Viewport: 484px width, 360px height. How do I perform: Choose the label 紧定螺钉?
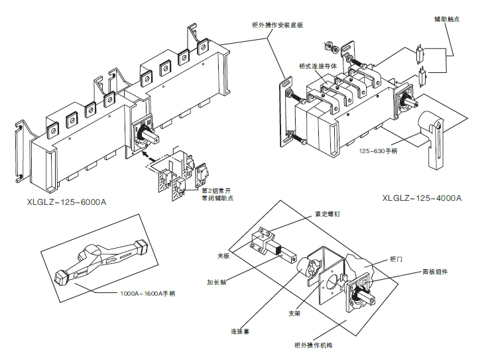[x=326, y=214]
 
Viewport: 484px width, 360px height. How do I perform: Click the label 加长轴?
[x=217, y=281]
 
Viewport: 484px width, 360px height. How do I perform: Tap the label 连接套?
[x=239, y=330]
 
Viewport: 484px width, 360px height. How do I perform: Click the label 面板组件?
[x=435, y=272]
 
